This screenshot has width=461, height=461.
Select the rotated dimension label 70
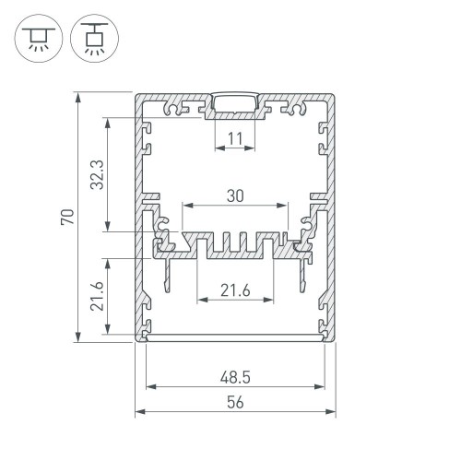[x=66, y=218]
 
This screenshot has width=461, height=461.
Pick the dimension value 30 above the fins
[x=235, y=195]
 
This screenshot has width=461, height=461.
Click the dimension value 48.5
[x=234, y=376]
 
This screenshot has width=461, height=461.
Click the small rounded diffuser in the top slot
[x=235, y=101]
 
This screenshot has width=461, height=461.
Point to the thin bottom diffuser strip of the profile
[x=235, y=337]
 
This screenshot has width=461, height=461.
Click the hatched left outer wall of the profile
[x=139, y=217]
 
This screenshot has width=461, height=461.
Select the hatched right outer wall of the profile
[x=331, y=217]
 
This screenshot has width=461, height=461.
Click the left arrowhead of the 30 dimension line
[x=186, y=204]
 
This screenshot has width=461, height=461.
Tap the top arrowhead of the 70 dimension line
[x=78, y=97]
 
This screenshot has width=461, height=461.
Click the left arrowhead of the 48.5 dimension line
[x=149, y=384]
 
